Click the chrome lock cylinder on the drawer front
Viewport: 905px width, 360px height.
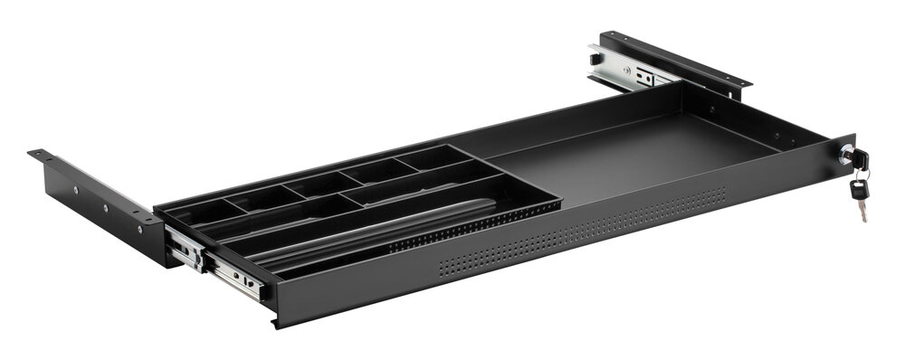tap(845, 156)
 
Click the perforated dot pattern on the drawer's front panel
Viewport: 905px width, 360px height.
tap(579, 226)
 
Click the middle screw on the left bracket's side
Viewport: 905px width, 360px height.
tap(105, 206)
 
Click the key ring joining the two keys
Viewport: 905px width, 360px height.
tap(858, 175)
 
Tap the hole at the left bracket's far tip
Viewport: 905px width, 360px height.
tap(39, 155)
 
